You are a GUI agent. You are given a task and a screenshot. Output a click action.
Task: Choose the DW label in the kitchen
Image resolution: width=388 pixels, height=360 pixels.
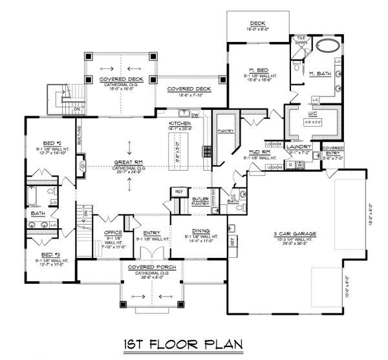195,116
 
